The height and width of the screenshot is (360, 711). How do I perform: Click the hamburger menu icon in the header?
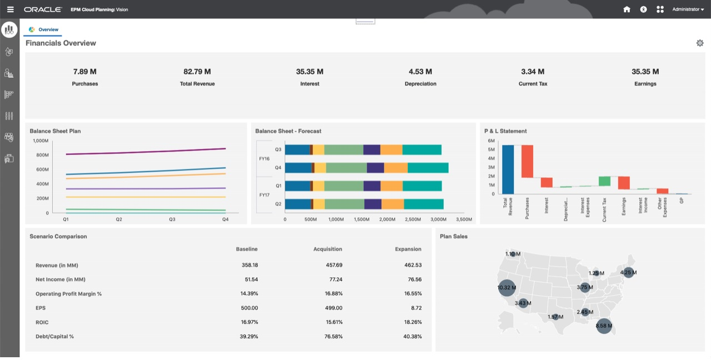click(10, 9)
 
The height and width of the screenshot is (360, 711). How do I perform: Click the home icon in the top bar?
click(627, 9)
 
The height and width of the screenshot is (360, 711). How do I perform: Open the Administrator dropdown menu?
click(688, 9)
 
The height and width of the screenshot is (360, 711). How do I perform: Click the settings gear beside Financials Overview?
click(699, 43)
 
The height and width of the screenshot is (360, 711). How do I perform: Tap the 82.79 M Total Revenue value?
click(197, 72)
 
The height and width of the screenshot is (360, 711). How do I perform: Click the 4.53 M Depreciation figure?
click(420, 72)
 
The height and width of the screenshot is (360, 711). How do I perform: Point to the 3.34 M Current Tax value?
click(532, 72)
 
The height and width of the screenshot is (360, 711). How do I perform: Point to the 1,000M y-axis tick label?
click(41, 141)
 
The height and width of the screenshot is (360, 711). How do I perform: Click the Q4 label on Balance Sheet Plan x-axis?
click(225, 219)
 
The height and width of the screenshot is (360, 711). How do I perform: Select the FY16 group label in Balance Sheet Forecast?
click(264, 159)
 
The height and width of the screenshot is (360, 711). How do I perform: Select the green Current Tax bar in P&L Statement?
click(604, 181)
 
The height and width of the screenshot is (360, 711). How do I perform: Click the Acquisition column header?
click(328, 249)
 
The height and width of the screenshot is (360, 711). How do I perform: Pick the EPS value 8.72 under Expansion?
click(413, 308)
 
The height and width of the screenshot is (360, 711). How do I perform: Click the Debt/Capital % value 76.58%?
click(334, 337)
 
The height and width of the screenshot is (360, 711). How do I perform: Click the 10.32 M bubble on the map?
click(506, 288)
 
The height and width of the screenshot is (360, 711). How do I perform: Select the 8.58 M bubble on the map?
click(603, 326)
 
